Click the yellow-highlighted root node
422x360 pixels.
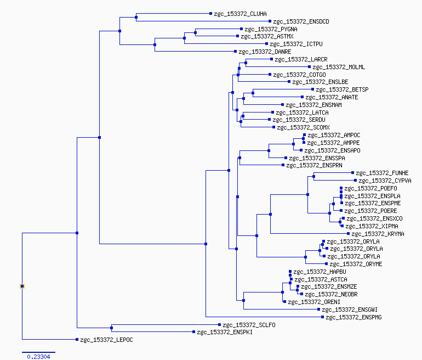22,286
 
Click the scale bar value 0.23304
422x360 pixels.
38,357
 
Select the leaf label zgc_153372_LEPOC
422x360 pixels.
106,340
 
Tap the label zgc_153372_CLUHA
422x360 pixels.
241,14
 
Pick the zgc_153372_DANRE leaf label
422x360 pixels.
265,52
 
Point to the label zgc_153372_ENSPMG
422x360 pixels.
353,317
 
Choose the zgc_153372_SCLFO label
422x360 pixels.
249,325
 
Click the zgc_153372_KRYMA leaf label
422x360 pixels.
378,234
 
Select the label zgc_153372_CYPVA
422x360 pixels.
385,181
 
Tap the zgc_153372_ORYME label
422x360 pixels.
356,264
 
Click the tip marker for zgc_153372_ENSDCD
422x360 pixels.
270,21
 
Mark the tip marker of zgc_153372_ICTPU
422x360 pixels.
267,44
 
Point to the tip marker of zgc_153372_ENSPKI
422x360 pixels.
194,331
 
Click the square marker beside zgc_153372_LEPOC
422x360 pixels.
77,340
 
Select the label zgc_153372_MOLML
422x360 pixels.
339,67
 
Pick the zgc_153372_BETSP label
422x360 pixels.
342,89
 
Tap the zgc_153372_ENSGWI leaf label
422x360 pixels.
350,310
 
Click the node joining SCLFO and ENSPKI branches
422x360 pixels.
111,328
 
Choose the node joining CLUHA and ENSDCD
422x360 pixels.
136,17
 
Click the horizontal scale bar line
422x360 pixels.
38,352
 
